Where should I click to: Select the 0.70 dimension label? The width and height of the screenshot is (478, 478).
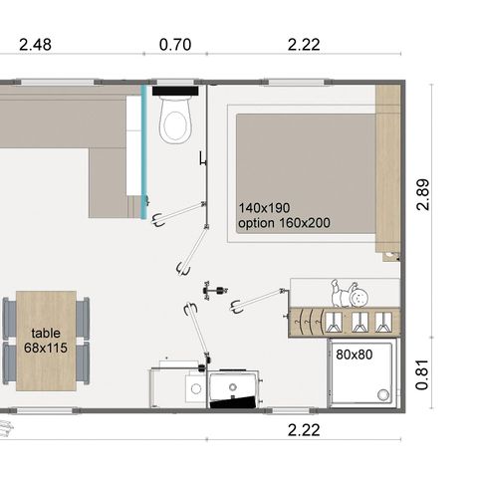(x=176, y=45)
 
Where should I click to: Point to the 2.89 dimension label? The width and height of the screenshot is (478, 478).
(x=425, y=195)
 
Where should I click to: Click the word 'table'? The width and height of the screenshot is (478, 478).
(x=46, y=334)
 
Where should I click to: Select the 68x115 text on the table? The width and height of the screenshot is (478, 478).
(x=46, y=349)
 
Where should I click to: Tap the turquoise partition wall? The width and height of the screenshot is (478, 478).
(x=145, y=149)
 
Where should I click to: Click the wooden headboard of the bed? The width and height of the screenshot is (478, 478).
(x=388, y=169)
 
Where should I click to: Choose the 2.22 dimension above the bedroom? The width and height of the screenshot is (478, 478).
(x=304, y=45)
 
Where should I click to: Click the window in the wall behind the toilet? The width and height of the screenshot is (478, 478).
(x=176, y=83)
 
